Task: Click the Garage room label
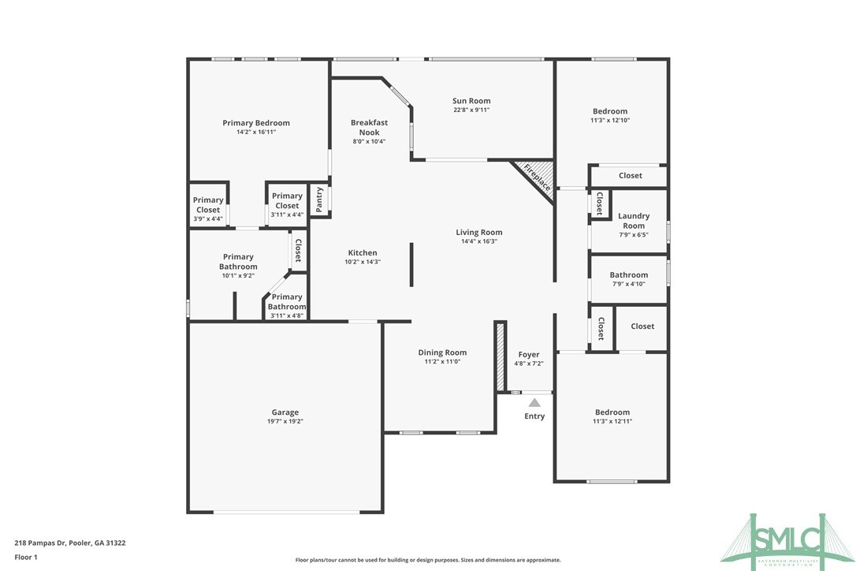(285, 412)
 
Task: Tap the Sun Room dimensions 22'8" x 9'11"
(471, 110)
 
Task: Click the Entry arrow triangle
(534, 402)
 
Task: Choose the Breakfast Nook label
(369, 127)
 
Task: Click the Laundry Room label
(633, 221)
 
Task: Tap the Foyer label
(529, 355)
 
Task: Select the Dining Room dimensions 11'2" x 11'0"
(442, 362)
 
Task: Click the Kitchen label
(363, 253)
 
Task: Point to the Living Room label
(478, 233)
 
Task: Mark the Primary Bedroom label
(255, 123)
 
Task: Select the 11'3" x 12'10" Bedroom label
(610, 111)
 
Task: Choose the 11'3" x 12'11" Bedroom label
(612, 412)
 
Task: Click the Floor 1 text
(26, 557)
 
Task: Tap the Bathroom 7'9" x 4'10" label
(628, 275)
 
